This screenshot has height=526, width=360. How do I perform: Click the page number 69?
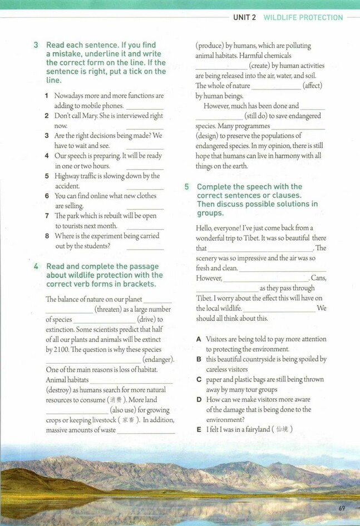click(342, 508)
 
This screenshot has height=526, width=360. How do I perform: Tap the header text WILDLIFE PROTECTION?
click(303, 18)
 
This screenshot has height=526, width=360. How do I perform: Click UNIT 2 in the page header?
click(244, 18)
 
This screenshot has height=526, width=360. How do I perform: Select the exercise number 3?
click(36, 45)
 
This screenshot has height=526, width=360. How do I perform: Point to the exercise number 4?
click(36, 266)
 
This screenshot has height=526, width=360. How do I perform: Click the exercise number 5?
click(187, 187)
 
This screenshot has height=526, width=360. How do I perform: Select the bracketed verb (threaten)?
click(113, 310)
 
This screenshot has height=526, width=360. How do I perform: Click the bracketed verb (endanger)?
click(158, 360)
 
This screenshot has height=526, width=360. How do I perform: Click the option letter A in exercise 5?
click(199, 339)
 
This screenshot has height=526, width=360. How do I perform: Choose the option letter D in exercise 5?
click(199, 399)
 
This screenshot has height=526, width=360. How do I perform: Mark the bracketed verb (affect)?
click(312, 86)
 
